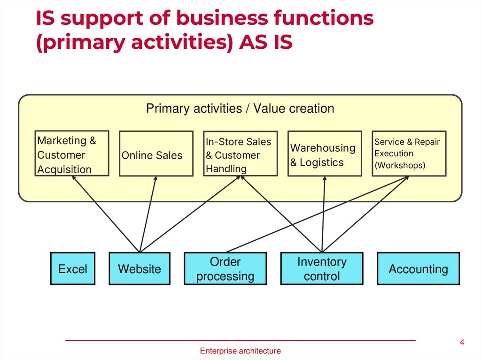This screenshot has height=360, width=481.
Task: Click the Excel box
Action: tap(72, 269)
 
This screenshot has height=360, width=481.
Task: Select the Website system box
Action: tap(139, 269)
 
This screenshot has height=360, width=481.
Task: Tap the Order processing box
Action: tap(225, 269)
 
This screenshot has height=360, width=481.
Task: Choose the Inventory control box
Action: tap(322, 269)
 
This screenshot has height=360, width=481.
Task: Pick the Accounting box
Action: tap(418, 269)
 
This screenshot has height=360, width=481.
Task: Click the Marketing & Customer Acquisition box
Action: tap(72, 153)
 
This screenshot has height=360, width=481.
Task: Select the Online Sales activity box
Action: tap(156, 153)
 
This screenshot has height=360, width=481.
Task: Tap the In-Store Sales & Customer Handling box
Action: tap(240, 153)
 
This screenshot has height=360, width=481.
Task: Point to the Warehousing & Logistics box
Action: tap(324, 153)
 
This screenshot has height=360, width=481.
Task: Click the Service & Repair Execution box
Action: tap(409, 153)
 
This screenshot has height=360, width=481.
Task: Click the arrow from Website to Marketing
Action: tap(106, 214)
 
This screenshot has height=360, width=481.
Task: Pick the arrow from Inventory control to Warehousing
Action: tap(323, 214)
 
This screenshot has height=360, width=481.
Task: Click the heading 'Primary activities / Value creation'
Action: tap(240, 109)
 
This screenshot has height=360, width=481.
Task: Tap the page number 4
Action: tap(462, 342)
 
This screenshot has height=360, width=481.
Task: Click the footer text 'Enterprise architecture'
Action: tap(240, 351)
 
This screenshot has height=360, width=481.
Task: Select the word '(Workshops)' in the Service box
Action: tap(400, 166)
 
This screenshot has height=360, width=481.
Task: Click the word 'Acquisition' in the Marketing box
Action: tap(64, 169)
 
